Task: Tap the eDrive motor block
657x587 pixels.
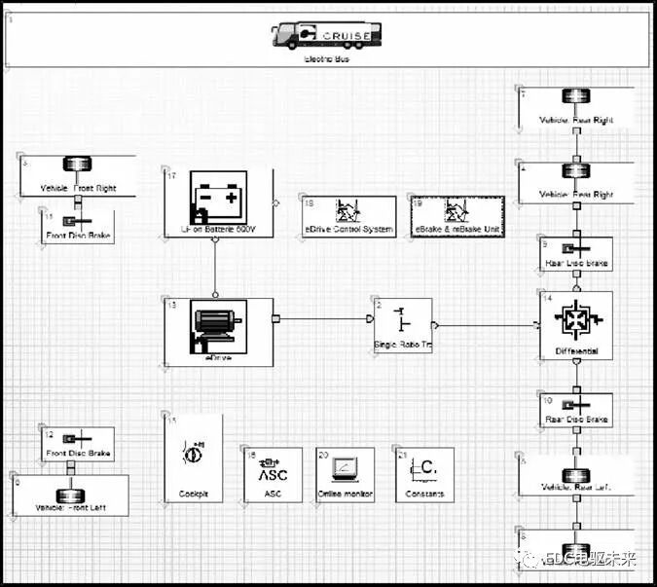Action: click(218, 332)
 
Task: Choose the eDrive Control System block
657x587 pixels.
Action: click(348, 216)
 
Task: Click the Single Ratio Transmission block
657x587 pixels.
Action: click(402, 327)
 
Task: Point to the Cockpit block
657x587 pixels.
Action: click(193, 459)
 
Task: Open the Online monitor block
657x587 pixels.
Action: click(345, 474)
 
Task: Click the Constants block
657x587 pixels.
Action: click(424, 474)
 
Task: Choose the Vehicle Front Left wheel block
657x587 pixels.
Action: click(69, 495)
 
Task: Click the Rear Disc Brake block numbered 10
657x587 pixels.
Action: click(576, 410)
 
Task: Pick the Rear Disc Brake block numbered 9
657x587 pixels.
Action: click(576, 254)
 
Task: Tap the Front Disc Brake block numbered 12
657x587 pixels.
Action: click(77, 444)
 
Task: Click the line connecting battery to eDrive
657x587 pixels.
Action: click(214, 269)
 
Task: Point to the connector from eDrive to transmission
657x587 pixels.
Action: click(325, 317)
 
